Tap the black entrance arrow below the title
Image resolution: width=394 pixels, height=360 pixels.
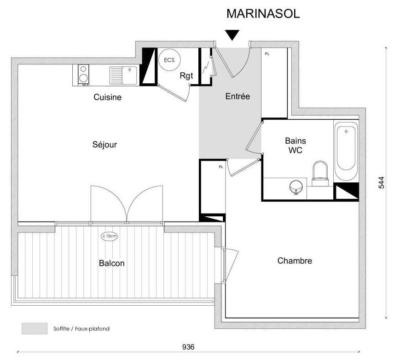point(232,35)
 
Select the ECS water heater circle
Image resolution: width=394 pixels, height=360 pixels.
point(169,60)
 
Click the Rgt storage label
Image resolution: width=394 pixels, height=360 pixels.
point(186,75)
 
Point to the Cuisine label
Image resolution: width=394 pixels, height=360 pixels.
point(107,97)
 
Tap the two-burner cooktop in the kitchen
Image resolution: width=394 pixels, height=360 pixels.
point(83,75)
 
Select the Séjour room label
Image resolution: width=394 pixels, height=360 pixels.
point(104,145)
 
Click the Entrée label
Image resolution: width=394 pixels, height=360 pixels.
point(238,96)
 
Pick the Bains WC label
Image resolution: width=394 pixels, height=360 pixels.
point(295,145)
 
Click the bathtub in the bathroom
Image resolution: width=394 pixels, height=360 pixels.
point(346,150)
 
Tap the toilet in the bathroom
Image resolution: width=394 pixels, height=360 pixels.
point(320,174)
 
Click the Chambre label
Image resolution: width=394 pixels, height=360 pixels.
point(295,261)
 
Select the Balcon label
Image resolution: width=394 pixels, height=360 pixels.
point(111,263)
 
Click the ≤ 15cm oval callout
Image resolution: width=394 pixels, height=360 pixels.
point(109,236)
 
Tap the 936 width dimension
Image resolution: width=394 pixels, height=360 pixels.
point(188,347)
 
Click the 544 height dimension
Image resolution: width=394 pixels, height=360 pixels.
point(381,182)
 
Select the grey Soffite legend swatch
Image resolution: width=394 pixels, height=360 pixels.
point(35,328)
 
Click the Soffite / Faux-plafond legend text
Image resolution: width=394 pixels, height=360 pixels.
point(81,329)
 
